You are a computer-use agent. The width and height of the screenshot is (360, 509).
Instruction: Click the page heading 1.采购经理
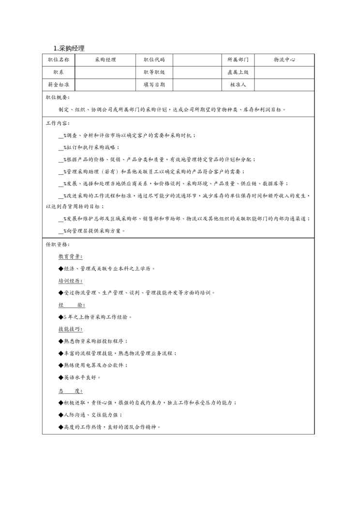coord(69,48)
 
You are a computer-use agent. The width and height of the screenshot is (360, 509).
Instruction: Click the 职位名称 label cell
coord(58,60)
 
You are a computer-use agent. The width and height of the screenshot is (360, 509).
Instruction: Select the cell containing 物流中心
coord(284,60)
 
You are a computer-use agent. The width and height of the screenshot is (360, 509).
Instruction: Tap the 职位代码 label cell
coord(154,60)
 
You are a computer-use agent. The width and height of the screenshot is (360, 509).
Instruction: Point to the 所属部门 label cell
coord(238,60)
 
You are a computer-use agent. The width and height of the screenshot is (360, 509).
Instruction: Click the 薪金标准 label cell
coord(58,84)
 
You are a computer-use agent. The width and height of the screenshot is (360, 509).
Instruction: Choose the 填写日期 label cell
coord(154,84)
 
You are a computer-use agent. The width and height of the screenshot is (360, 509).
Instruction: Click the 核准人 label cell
coord(238,84)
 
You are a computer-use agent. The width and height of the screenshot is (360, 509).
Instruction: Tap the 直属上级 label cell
coord(238,72)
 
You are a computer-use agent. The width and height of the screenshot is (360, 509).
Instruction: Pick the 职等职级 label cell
coord(154,72)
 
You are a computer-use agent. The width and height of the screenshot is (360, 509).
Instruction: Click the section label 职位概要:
coord(58,97)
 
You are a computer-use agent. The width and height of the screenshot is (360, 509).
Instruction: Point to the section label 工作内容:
coord(58,123)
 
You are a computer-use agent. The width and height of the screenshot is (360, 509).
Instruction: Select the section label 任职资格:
coord(58,244)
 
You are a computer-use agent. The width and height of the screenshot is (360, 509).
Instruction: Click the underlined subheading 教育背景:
coord(70,256)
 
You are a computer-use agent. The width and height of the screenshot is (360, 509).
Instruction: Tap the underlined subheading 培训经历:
coord(70,281)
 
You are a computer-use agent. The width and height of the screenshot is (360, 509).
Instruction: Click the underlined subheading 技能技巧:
coord(70,329)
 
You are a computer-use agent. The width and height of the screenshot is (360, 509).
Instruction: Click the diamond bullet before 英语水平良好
coord(60,377)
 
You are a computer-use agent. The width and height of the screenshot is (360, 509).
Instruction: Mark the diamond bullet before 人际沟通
coord(60,415)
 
